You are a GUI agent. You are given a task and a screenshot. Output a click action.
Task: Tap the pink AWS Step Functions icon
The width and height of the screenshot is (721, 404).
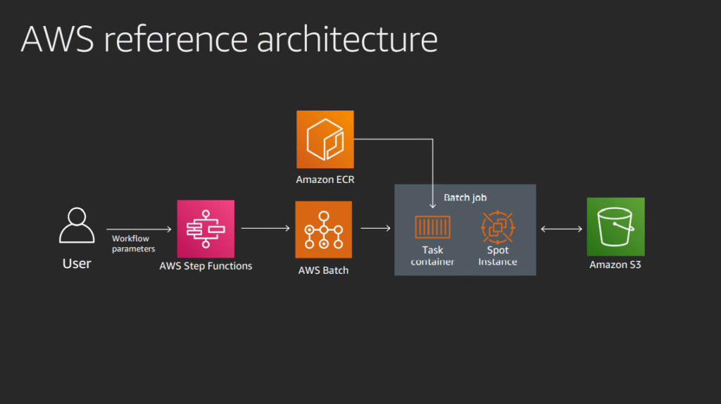point(206,229)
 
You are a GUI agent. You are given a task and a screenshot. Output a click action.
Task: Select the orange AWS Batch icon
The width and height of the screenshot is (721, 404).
point(324,229)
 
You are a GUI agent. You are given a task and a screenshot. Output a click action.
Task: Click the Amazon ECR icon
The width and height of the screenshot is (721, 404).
point(325,139)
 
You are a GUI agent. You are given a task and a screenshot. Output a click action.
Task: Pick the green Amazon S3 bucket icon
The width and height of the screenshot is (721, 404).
point(615,227)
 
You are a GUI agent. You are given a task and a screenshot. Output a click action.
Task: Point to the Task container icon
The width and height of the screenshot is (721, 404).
point(432,227)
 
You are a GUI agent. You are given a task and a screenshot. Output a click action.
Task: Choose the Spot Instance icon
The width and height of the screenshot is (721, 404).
point(498,227)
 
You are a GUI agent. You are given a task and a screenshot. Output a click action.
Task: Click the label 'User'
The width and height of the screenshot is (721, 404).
point(77,264)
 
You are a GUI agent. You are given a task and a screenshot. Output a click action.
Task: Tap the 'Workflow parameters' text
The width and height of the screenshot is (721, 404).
point(133,244)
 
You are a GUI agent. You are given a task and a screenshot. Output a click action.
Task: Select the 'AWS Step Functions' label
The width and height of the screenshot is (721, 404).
point(206,266)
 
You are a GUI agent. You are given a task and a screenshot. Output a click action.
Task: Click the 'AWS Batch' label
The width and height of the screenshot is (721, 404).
point(324,270)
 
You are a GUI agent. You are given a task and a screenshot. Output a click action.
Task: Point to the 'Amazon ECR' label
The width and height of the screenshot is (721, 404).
point(325,179)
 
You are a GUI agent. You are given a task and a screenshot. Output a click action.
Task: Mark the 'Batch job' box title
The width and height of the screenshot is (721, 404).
point(465,198)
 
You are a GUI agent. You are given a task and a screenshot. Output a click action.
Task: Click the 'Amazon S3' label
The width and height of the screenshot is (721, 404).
point(615,265)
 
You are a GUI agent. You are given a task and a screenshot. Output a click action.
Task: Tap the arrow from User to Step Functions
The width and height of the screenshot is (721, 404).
point(139,229)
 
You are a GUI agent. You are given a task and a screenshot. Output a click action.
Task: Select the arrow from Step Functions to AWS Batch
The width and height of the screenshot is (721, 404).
point(265,228)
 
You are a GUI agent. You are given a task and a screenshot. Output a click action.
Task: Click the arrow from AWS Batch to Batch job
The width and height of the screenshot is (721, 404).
point(376,228)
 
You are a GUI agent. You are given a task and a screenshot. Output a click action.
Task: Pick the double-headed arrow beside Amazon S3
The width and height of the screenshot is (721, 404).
point(561,228)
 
